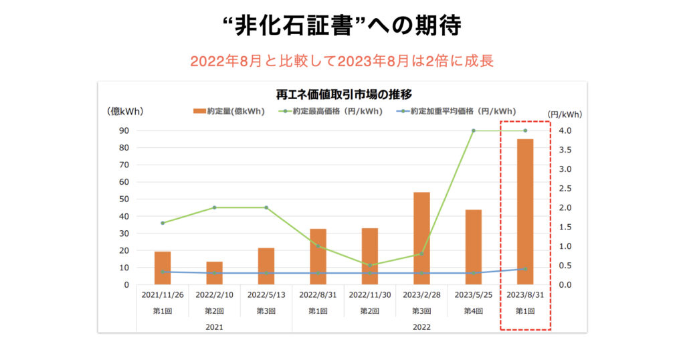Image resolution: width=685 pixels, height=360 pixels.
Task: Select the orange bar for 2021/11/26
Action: point(163,268)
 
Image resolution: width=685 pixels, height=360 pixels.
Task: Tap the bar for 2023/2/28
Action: point(421,238)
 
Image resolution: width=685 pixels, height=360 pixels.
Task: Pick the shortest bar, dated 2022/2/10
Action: point(214,273)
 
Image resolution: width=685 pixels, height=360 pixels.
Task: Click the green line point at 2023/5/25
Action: point(473,130)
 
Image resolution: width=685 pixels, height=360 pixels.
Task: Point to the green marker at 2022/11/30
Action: point(370,266)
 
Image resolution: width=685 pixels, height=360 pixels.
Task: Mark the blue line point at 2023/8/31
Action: point(525,269)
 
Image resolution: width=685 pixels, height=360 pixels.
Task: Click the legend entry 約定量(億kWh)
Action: point(228,111)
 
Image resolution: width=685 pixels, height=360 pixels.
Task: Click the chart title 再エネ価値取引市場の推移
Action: point(344,94)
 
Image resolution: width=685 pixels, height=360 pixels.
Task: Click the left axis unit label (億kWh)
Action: point(125,111)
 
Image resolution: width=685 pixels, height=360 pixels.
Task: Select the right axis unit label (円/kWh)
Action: point(564,114)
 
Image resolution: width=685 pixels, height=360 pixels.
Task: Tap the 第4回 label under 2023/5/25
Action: point(473,311)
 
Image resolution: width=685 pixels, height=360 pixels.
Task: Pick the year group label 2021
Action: point(214,327)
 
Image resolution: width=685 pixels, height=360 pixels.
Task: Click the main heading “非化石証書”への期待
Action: point(342,26)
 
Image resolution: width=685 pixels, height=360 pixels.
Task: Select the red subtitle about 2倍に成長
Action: point(342,61)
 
